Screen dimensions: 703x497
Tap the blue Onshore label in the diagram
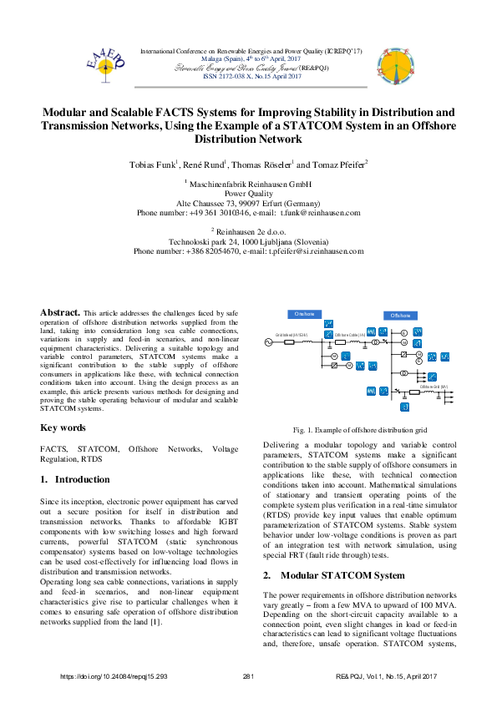tap(304, 314)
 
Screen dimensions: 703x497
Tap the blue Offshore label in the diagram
tap(400, 316)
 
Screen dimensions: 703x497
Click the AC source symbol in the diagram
tap(270, 342)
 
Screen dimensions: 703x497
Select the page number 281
tap(248, 675)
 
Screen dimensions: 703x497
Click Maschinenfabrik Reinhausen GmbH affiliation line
tap(248, 183)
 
